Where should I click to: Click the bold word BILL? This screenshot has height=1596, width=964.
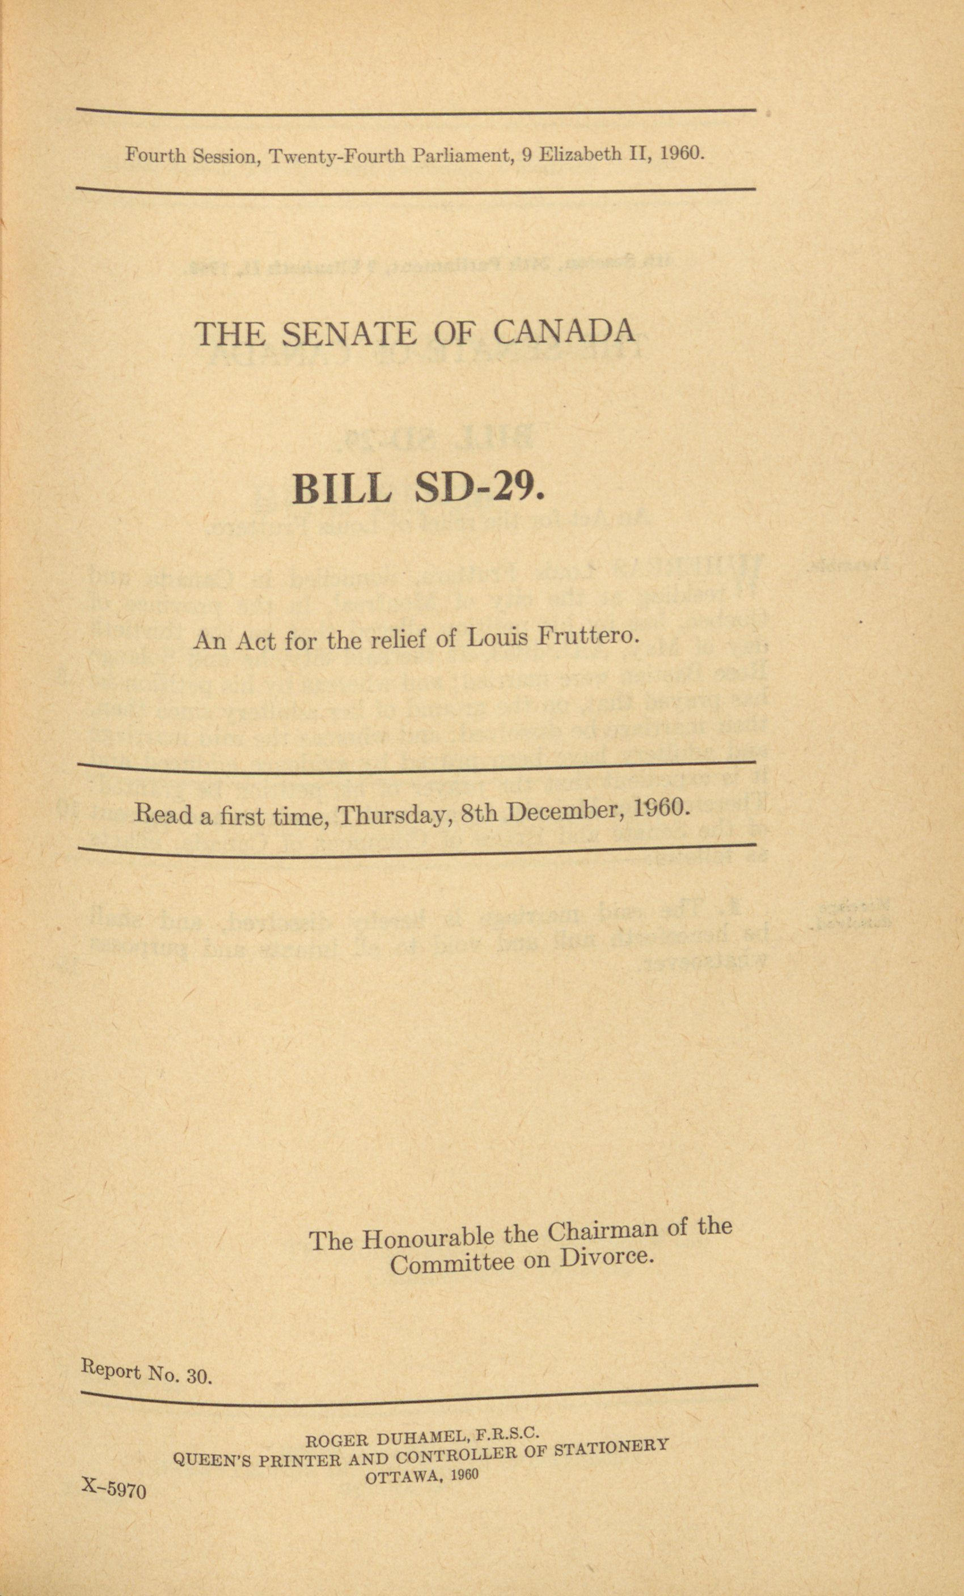point(341,490)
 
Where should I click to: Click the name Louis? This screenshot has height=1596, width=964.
point(492,639)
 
